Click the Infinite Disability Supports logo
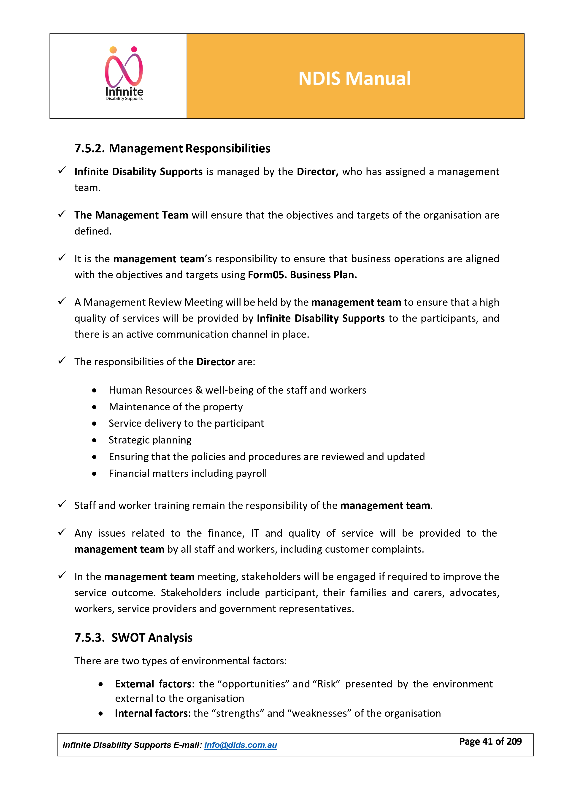pos(124,74)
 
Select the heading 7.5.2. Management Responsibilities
pos(172,148)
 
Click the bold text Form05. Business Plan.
pos(302,275)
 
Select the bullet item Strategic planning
pos(150,440)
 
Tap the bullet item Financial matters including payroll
pos(188,473)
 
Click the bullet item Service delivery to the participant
pos(186,424)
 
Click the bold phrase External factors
pos(154,684)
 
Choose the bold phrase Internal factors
pos(151,714)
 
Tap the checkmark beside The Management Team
pos(62,214)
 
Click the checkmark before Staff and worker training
pos(62,504)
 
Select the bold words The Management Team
pos(131,215)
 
